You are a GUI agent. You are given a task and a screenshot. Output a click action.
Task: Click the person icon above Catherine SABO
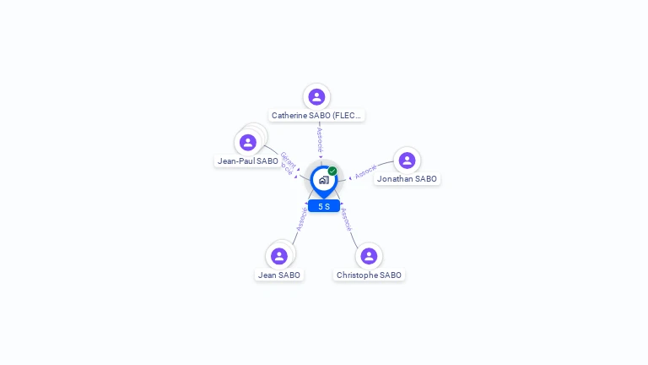pos(316,97)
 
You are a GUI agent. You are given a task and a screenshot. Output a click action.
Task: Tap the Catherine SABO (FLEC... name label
pos(316,115)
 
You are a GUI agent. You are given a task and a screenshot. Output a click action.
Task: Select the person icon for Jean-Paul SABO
pos(247,142)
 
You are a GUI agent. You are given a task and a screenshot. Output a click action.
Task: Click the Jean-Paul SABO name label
pos(247,161)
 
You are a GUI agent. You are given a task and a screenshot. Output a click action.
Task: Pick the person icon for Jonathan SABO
pos(407,161)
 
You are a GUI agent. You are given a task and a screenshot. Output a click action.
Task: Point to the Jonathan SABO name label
pos(407,178)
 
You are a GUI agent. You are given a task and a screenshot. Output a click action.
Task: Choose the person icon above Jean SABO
pos(279,256)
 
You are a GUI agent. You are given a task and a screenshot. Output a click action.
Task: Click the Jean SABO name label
pos(279,275)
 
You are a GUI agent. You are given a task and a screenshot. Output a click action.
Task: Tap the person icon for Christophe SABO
pos(369,256)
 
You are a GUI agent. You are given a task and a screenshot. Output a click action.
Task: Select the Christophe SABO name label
pos(369,275)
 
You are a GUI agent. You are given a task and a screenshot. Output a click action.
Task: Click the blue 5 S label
pos(324,206)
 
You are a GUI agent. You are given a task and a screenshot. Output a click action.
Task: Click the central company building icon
pos(324,180)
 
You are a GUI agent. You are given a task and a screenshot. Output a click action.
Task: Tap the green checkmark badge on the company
pos(332,171)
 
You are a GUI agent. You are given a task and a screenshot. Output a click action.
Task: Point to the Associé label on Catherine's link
pos(319,139)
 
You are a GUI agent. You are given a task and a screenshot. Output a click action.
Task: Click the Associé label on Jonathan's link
pos(366,172)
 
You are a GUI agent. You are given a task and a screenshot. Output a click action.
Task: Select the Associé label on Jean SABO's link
pos(302,220)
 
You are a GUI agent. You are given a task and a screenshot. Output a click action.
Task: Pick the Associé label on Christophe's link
pos(346,220)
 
